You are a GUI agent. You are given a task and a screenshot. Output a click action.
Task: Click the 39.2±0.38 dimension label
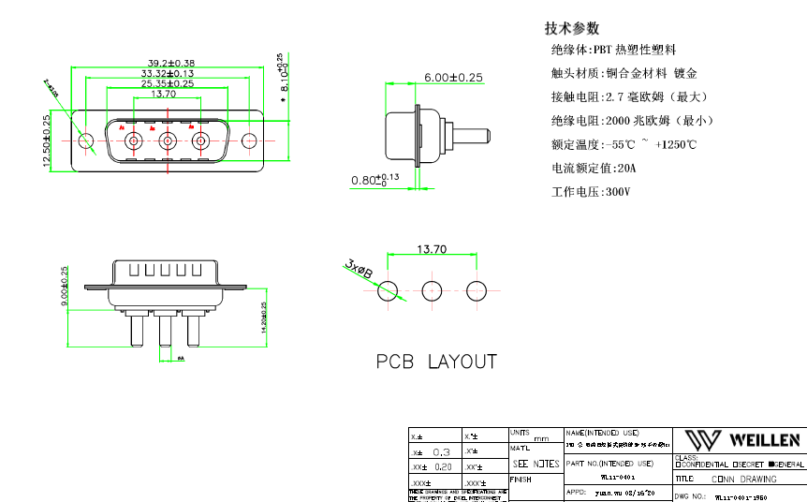[x=168, y=63]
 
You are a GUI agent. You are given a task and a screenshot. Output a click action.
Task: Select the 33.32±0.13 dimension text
[x=168, y=73]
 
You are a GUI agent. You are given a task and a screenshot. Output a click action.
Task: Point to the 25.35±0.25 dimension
[x=168, y=83]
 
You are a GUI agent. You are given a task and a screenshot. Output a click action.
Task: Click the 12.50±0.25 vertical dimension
[x=47, y=140]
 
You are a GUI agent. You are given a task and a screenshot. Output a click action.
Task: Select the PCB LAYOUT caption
[x=436, y=362]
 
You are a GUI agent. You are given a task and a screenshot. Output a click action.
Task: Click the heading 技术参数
[x=572, y=28]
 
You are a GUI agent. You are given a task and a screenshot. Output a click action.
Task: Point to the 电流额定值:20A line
[x=594, y=169]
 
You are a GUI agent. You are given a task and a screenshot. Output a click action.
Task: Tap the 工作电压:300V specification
[x=591, y=192]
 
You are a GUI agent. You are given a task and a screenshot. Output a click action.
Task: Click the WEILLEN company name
[x=764, y=440]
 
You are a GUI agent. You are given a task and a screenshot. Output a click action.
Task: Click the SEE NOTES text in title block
[x=536, y=464]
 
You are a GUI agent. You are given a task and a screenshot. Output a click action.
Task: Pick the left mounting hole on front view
[x=87, y=142]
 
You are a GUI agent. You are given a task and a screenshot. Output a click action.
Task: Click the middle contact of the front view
[x=168, y=141]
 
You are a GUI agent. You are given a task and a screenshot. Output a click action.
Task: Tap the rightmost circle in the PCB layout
[x=477, y=290]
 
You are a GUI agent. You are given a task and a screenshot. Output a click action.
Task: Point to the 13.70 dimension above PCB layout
[x=431, y=250]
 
